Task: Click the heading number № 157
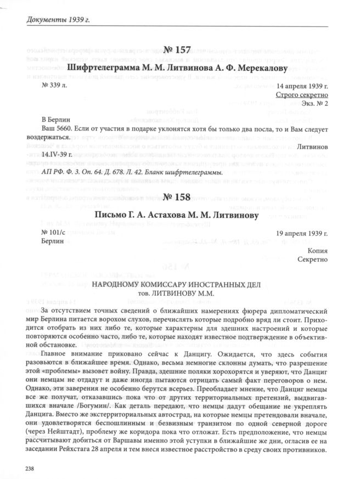179,50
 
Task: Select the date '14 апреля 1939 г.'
303,87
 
